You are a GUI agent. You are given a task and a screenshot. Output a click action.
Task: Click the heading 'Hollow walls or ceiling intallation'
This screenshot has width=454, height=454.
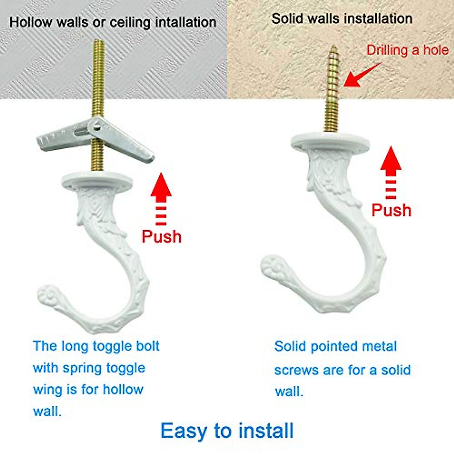pyautogui.click(x=113, y=22)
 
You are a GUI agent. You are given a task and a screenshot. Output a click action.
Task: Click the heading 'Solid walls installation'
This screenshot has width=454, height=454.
pyautogui.click(x=342, y=19)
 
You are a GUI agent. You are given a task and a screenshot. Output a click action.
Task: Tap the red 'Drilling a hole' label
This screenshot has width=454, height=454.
pyautogui.click(x=407, y=50)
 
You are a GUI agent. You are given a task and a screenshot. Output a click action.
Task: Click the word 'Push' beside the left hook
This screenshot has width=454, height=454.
pyautogui.click(x=162, y=236)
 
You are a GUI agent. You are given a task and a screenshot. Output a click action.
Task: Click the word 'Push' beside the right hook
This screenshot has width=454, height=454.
pyautogui.click(x=391, y=210)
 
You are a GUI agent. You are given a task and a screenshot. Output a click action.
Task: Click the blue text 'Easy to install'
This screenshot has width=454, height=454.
pyautogui.click(x=227, y=431)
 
